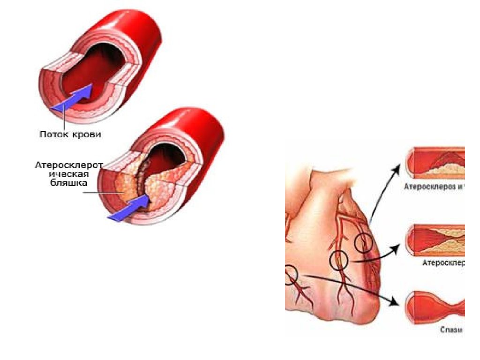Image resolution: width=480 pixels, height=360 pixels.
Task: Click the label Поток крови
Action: [x=69, y=134]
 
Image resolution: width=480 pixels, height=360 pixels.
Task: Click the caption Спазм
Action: [x=451, y=330]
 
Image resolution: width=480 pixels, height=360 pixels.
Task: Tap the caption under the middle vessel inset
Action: [x=443, y=263]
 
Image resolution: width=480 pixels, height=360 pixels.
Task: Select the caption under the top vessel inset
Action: [x=434, y=187]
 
